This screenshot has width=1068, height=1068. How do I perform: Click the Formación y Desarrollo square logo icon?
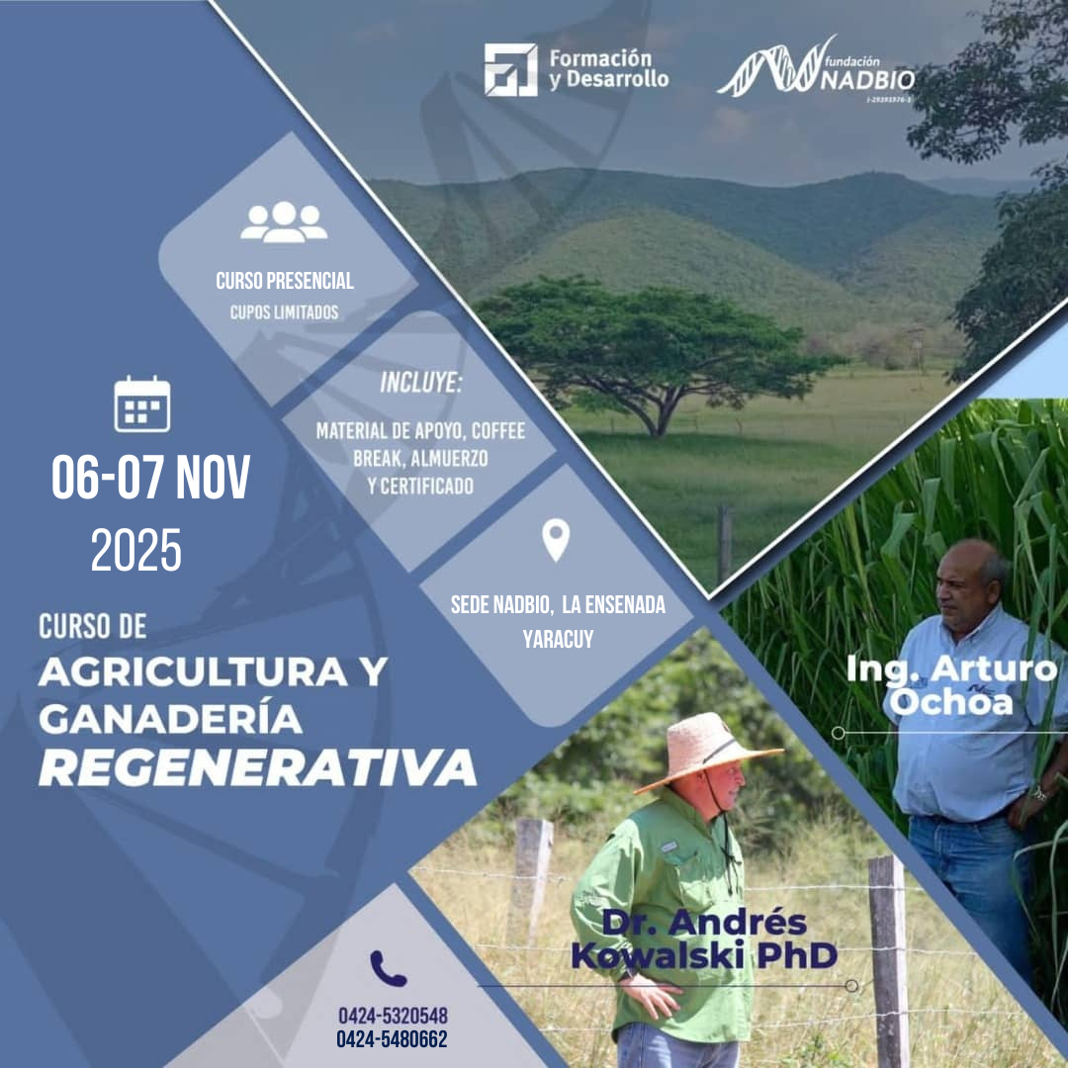(x=510, y=70)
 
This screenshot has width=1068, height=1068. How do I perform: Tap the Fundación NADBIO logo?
(x=816, y=69)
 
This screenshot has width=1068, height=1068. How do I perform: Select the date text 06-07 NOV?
(x=150, y=479)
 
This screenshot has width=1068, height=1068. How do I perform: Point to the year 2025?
(x=136, y=551)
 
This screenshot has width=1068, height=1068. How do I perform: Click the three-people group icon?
(x=284, y=222)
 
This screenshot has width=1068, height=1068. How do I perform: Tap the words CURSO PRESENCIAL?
(x=285, y=281)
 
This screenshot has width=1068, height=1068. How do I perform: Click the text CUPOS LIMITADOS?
(x=285, y=312)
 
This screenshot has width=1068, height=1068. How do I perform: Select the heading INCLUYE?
(x=420, y=384)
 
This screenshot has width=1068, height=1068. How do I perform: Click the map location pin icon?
(x=556, y=540)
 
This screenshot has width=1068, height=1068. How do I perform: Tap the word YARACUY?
(x=558, y=639)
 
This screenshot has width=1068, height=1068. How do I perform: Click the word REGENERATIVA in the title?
(x=257, y=766)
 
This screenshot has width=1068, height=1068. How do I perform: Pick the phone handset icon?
(x=388, y=968)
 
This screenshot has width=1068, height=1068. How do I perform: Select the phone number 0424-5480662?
(x=393, y=1039)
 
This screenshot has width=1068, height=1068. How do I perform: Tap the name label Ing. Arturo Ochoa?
(x=951, y=684)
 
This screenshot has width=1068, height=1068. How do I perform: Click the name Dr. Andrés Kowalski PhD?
(x=704, y=939)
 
